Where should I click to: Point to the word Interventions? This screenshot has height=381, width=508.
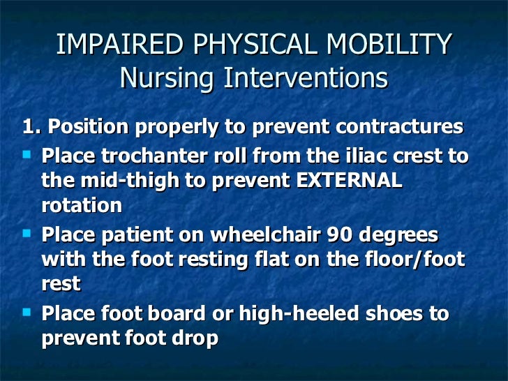coord(305,78)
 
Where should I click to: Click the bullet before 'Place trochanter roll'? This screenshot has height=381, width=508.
coord(28,155)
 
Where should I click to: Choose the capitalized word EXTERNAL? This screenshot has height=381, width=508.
coord(350,181)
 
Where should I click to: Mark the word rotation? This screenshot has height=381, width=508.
coord(82,206)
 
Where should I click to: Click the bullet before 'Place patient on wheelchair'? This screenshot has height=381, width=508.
coord(28,233)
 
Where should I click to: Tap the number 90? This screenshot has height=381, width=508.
coord(364,234)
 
